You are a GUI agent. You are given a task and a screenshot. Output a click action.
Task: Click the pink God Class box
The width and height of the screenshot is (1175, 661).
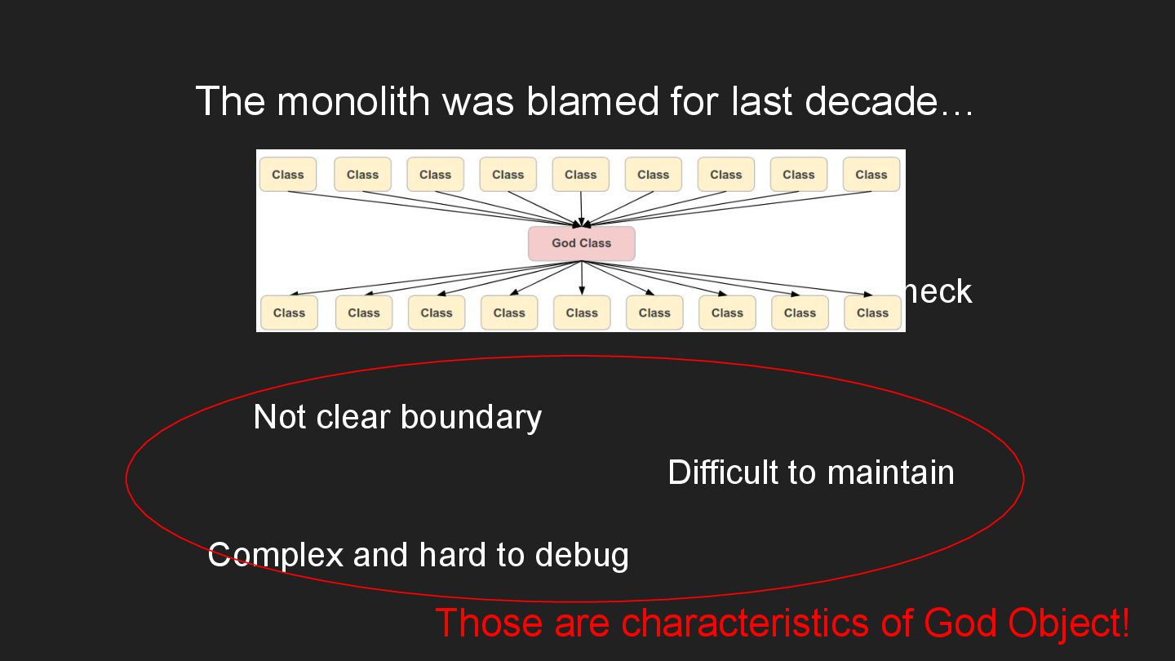(581, 243)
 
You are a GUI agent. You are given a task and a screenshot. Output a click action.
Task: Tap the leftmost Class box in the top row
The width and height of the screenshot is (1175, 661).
(288, 175)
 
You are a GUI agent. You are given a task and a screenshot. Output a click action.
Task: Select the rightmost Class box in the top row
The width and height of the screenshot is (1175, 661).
(871, 175)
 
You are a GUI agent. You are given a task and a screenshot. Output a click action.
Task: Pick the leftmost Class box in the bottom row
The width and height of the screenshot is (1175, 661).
(289, 313)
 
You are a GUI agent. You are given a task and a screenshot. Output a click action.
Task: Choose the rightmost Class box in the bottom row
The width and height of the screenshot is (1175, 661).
(872, 313)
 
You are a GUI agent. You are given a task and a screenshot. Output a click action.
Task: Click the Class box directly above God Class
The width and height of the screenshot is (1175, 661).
(580, 175)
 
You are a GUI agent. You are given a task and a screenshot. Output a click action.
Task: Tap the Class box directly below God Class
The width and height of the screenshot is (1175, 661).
(582, 313)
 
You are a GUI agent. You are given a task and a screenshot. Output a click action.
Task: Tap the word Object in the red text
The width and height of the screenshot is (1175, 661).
(1068, 623)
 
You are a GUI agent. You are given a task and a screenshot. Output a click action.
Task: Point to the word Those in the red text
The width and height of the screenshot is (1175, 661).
(490, 623)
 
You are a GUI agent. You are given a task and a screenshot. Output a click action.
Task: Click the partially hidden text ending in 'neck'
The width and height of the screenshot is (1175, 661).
(939, 291)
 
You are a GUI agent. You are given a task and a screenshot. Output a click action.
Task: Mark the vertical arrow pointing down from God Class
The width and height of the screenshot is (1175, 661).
(582, 277)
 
